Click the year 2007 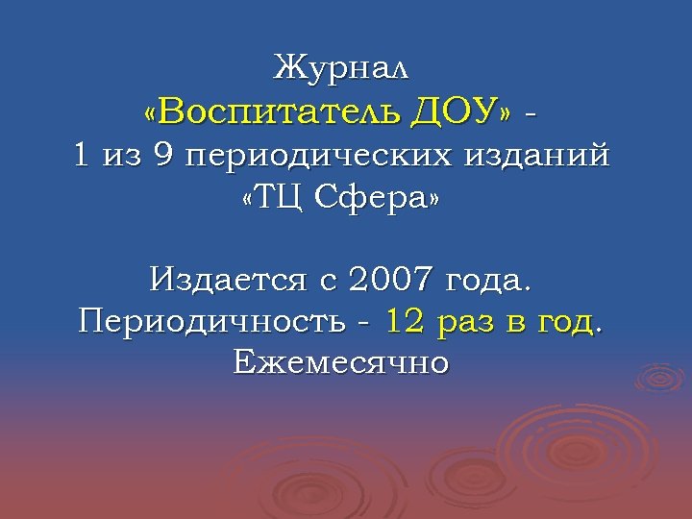pos(391,282)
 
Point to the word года pos(489,284)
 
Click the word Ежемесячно pos(341,363)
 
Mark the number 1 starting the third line pos(81,156)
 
